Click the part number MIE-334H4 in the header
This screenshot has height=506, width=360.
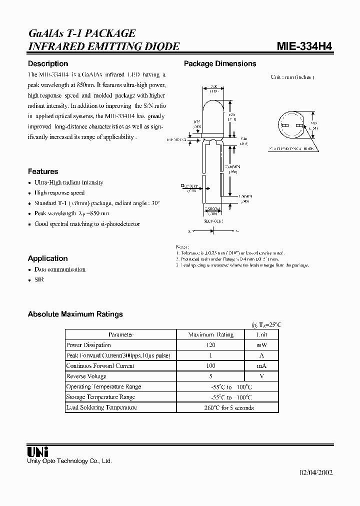pos(304,46)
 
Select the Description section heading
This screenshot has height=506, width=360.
pos(48,63)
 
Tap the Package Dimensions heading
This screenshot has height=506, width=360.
pos(220,63)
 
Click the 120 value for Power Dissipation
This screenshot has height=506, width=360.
pos(210,345)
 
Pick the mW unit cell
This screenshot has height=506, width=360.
pos(261,345)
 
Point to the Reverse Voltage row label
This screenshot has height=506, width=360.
pos(86,376)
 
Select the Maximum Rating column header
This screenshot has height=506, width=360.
pos(210,334)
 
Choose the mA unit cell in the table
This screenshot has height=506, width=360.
pos(261,365)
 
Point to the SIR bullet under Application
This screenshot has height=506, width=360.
pos(39,280)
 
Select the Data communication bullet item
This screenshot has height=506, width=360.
pos(59,269)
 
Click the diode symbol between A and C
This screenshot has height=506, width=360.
pos(212,231)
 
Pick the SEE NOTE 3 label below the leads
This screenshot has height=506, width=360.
pos(213,220)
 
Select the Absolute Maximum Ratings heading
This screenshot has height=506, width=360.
pos(75,314)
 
